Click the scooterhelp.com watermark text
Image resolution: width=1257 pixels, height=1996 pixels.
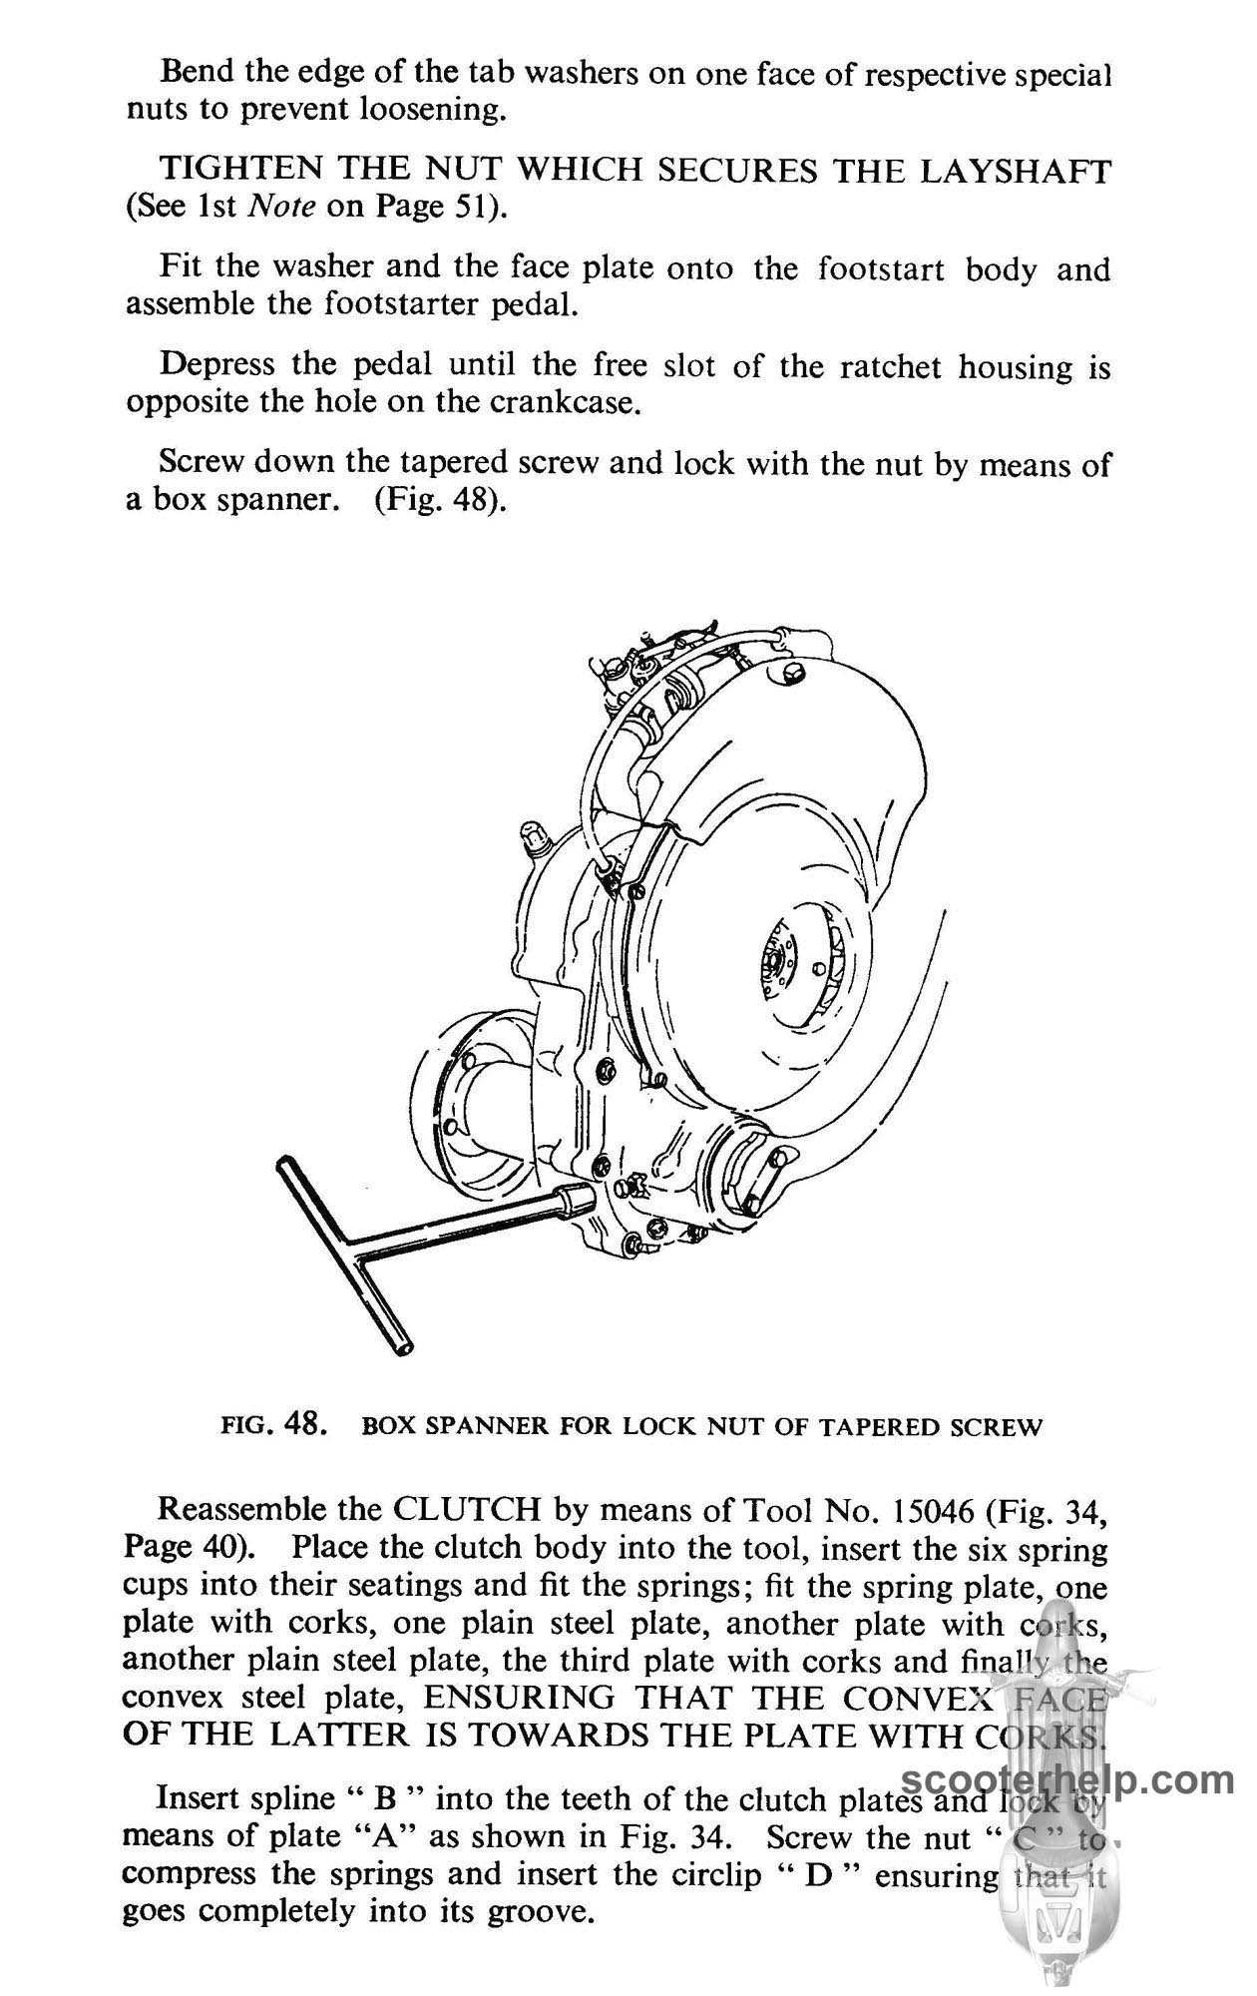[1068, 1780]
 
